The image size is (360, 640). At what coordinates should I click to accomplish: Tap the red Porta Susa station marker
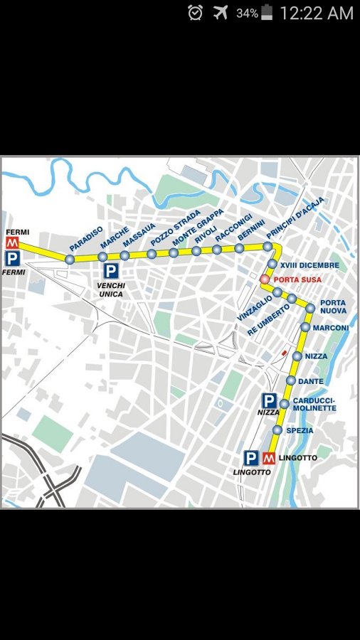pos(265,279)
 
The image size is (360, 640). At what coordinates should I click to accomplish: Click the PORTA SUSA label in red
pos(297,279)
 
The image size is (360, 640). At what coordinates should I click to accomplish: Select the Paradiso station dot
pos(70,260)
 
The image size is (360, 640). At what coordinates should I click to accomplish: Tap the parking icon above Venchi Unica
pos(112,270)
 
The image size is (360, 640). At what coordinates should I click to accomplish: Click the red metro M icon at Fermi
pos(11,243)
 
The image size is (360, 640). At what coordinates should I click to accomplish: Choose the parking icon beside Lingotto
pos(251,458)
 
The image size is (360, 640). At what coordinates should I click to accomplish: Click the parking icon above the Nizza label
pos(269,401)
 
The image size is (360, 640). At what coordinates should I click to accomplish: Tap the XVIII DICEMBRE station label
pos(309,265)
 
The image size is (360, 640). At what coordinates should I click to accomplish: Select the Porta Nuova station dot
pos(310,308)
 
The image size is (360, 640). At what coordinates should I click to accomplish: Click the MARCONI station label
pos(331,328)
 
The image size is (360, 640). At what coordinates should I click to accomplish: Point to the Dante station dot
pos(291,381)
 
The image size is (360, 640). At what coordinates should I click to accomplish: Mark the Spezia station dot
pos(277,430)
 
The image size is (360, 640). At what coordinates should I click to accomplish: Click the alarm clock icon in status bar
pos(195,12)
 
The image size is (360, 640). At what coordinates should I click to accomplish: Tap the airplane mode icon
pos(220,12)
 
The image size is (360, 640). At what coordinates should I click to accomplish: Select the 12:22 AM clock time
pos(316,13)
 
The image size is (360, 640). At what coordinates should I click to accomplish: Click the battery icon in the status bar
pos(267,12)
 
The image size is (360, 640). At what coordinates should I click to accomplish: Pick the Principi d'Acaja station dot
pos(268,247)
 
